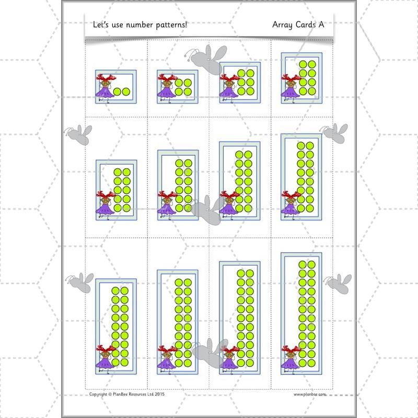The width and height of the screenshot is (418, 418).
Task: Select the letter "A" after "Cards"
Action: [320, 25]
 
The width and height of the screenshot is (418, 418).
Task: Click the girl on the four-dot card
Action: [167, 87]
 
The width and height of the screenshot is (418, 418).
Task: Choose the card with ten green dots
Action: [116, 189]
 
